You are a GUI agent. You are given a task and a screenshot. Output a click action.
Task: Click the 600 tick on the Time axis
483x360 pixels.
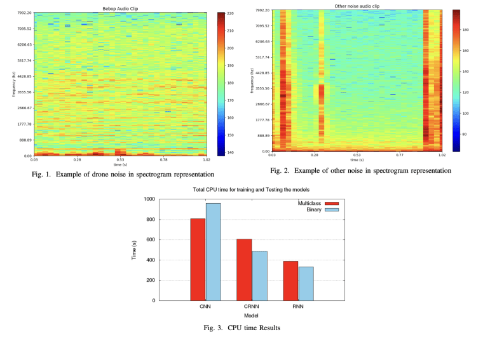[x=151, y=240]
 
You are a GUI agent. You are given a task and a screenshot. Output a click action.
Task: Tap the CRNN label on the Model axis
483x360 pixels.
[x=252, y=307]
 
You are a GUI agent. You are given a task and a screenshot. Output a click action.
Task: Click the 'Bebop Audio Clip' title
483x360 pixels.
[x=120, y=8]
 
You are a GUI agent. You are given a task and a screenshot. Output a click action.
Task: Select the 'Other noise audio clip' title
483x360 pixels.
[x=357, y=6]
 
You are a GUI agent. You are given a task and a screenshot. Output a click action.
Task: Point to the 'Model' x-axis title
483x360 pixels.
[x=252, y=316]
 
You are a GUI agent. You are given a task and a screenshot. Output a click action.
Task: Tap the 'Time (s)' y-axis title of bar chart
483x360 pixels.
[x=134, y=250]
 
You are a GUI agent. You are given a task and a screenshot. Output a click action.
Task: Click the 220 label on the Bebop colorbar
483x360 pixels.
[x=231, y=13]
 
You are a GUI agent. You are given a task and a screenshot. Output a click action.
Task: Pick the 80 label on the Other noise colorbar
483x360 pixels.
[x=465, y=135]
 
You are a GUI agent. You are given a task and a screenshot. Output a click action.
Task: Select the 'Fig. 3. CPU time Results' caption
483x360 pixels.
[x=241, y=328]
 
